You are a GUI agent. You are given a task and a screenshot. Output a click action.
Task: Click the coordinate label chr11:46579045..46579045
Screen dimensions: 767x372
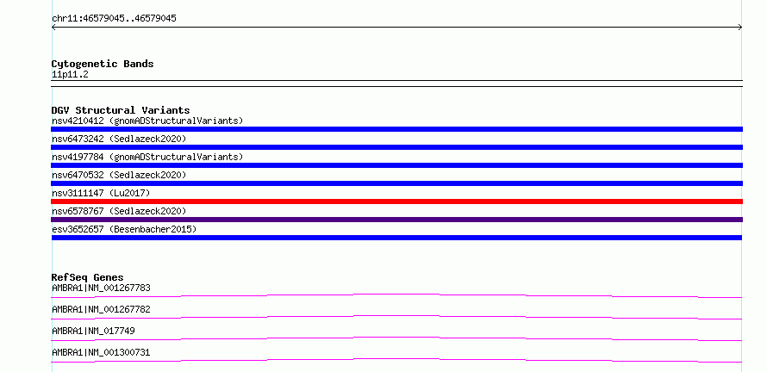coord(114,19)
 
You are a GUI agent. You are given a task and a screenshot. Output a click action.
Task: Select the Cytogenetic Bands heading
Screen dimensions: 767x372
coord(103,64)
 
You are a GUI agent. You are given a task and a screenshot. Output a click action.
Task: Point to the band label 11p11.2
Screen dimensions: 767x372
coord(70,75)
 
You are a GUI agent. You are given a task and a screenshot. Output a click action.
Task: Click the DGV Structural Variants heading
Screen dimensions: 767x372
coord(121,110)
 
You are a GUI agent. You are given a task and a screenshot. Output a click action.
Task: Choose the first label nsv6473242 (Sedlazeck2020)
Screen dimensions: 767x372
coord(119,139)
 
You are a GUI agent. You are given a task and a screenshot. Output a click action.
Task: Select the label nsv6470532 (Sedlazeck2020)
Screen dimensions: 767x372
coord(119,175)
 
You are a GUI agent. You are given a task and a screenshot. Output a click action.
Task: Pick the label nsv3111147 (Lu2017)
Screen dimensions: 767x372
coord(101,193)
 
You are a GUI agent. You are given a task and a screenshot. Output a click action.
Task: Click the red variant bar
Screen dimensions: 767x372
coord(396,201)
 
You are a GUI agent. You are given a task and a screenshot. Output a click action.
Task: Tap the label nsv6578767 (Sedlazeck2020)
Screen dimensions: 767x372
coord(119,211)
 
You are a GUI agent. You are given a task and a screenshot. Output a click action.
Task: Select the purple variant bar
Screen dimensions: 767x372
coord(396,220)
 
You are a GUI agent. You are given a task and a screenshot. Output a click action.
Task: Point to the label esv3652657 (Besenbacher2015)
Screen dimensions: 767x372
coord(124,229)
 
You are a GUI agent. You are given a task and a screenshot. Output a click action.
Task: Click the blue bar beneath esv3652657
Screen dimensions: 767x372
coord(396,238)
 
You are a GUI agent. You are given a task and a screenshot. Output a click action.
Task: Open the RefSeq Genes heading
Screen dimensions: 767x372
coord(88,277)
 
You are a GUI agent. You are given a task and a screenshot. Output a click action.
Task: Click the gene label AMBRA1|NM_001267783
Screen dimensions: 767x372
coord(101,288)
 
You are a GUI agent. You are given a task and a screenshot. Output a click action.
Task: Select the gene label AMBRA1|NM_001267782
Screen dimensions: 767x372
coord(101,309)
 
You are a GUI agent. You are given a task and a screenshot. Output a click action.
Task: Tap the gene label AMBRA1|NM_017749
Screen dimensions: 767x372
coord(93,331)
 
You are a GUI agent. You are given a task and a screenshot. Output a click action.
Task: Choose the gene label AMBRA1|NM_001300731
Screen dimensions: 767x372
coord(101,352)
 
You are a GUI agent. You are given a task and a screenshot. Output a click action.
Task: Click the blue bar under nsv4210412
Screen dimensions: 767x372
coord(396,129)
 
